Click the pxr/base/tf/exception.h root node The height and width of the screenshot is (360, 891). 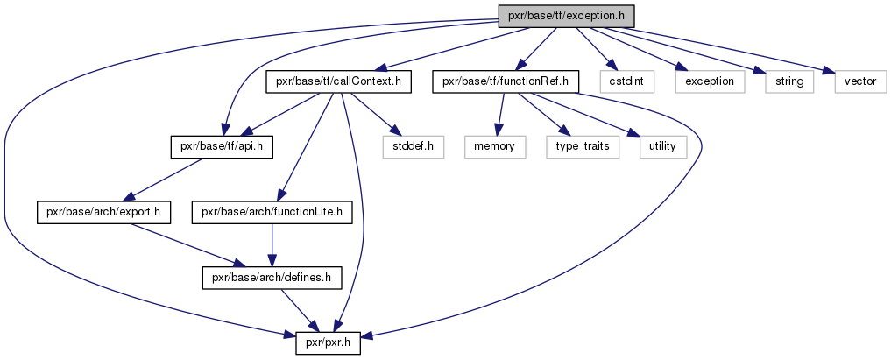point(566,16)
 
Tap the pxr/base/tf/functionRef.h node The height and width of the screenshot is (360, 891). point(506,81)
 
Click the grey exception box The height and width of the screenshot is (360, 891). point(710,81)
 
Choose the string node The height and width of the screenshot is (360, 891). point(789,81)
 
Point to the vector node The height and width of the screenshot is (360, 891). point(860,81)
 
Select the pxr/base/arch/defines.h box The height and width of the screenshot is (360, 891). point(272,279)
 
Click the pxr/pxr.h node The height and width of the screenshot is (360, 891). point(328,344)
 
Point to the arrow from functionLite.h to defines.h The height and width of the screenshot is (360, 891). point(272,245)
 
